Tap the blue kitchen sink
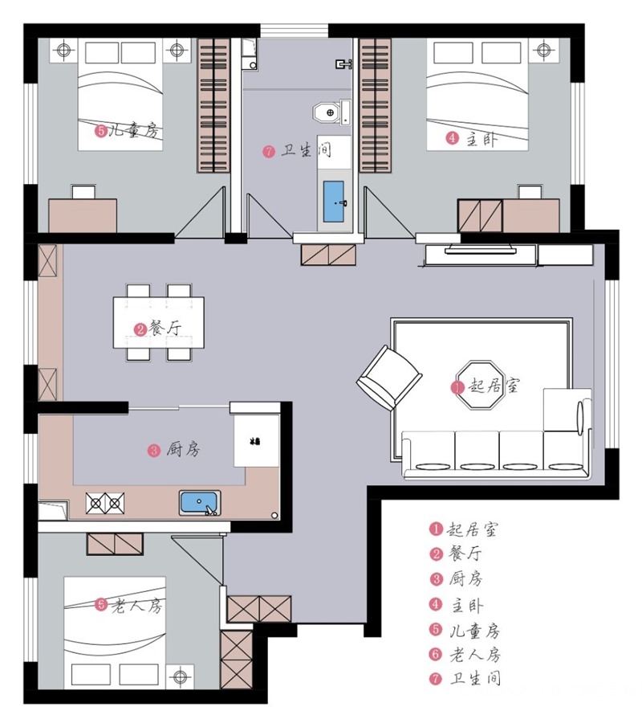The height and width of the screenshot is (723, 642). coord(200,503)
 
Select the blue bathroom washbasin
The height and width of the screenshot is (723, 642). coord(333,202)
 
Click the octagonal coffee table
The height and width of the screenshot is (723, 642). coord(478,386)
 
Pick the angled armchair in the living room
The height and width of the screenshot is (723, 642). coord(390,378)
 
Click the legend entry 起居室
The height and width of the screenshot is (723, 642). coord(463,529)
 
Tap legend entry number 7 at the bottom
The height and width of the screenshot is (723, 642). coord(465,679)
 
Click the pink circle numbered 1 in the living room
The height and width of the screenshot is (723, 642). coord(457,387)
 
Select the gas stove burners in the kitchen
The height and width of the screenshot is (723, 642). coord(105,503)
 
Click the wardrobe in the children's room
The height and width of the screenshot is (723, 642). coord(213,105)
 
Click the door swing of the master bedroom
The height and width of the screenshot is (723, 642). coord(389,213)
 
